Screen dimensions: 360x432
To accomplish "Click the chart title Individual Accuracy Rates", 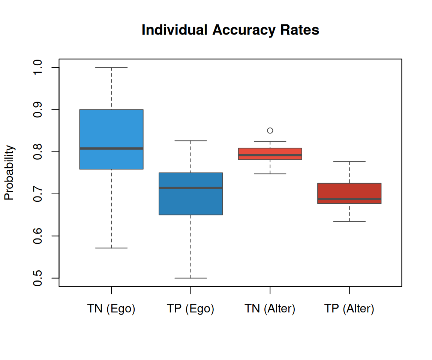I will [x=230, y=30].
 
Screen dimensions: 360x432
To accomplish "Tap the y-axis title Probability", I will [x=9, y=173].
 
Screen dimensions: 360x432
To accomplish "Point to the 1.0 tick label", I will [x=37, y=67].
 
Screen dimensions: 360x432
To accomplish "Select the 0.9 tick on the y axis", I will [x=37, y=109].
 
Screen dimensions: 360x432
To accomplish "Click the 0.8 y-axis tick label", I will [x=37, y=151].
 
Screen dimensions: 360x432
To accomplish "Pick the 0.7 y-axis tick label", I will [x=37, y=194].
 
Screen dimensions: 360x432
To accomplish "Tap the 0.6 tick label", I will [x=37, y=236].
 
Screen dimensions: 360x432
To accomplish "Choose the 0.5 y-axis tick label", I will [x=37, y=278].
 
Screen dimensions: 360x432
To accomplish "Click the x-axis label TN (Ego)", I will [x=111, y=309].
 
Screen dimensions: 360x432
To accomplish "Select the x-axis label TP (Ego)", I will [x=190, y=309].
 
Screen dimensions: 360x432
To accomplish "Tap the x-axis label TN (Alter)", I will [x=270, y=309].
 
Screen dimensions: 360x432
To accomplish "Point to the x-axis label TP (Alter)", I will [x=349, y=309].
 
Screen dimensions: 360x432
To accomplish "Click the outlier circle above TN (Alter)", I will [x=270, y=130].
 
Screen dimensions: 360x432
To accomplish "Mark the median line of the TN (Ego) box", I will [x=111, y=148].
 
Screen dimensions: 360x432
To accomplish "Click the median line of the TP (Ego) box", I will [x=191, y=187].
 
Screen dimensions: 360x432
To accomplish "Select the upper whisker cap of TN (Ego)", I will [x=111, y=67].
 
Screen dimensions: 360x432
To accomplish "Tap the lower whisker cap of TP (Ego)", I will [x=191, y=278].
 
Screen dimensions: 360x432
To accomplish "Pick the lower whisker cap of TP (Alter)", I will [x=349, y=222].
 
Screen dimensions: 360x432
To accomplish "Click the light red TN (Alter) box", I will [x=270, y=151].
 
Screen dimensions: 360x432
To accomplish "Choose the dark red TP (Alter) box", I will [x=349, y=190].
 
